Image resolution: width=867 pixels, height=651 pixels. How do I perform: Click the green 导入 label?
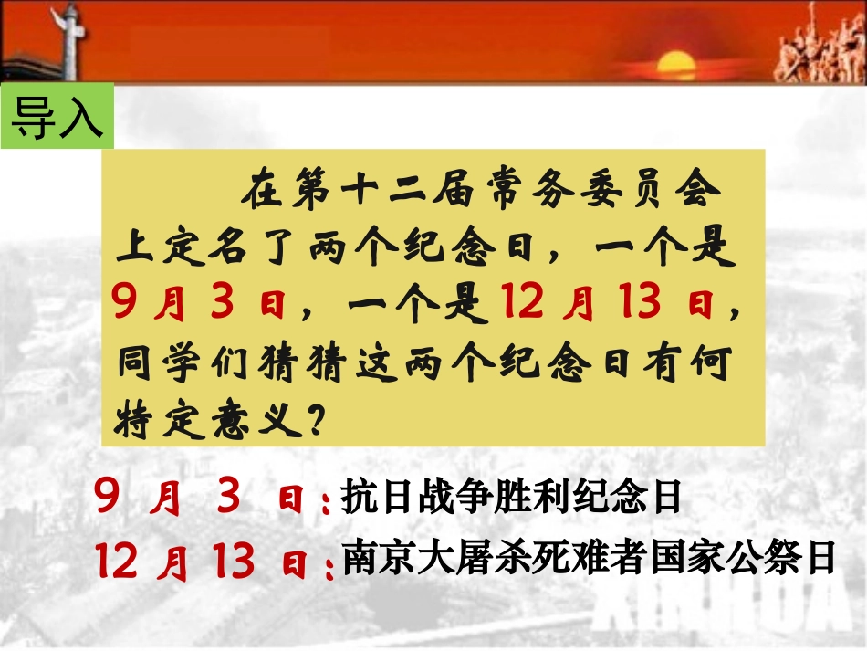point(57,116)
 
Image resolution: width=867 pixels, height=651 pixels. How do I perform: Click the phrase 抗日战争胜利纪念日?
point(511,498)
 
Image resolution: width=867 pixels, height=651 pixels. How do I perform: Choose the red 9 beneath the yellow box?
point(108,498)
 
